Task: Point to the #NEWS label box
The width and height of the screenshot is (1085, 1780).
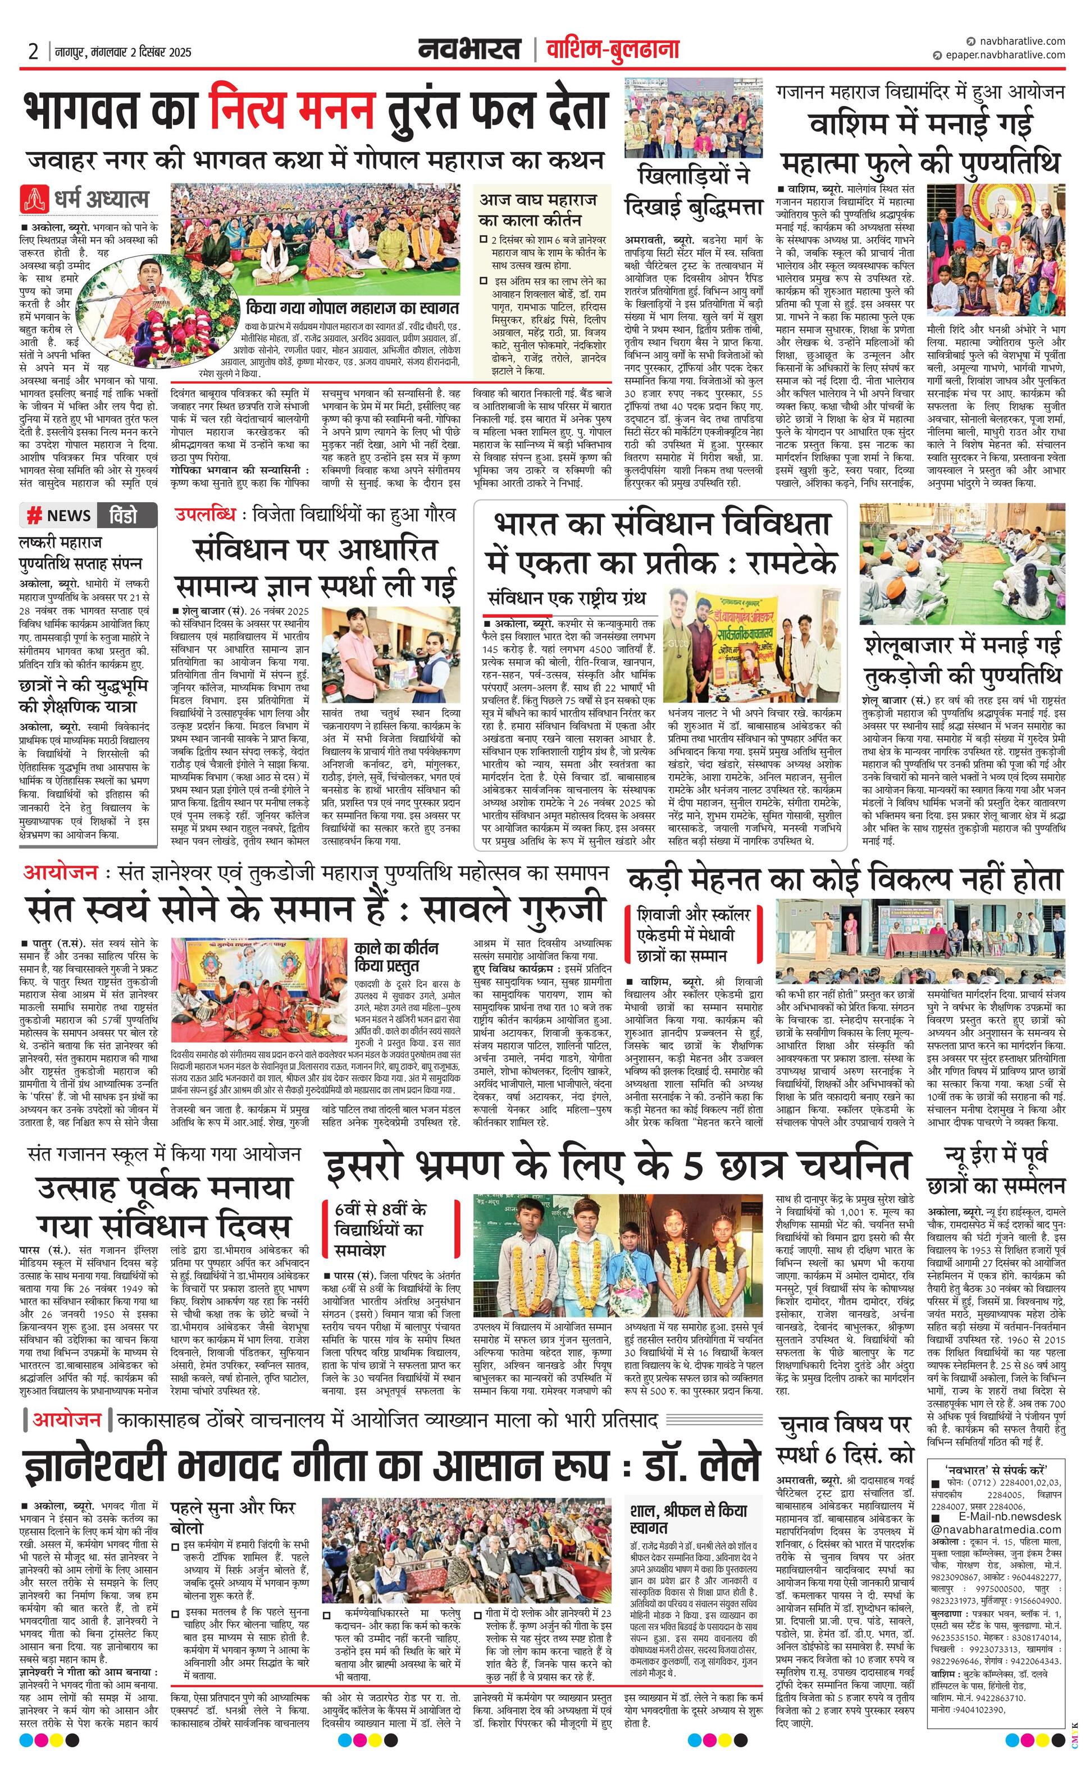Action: (60, 515)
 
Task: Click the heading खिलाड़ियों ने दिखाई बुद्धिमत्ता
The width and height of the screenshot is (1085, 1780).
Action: (694, 191)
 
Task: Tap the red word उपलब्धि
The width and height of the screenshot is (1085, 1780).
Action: (206, 515)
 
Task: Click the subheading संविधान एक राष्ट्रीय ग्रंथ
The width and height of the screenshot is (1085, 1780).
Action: (566, 598)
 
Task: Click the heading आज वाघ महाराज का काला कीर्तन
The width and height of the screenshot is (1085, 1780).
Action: (538, 209)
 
